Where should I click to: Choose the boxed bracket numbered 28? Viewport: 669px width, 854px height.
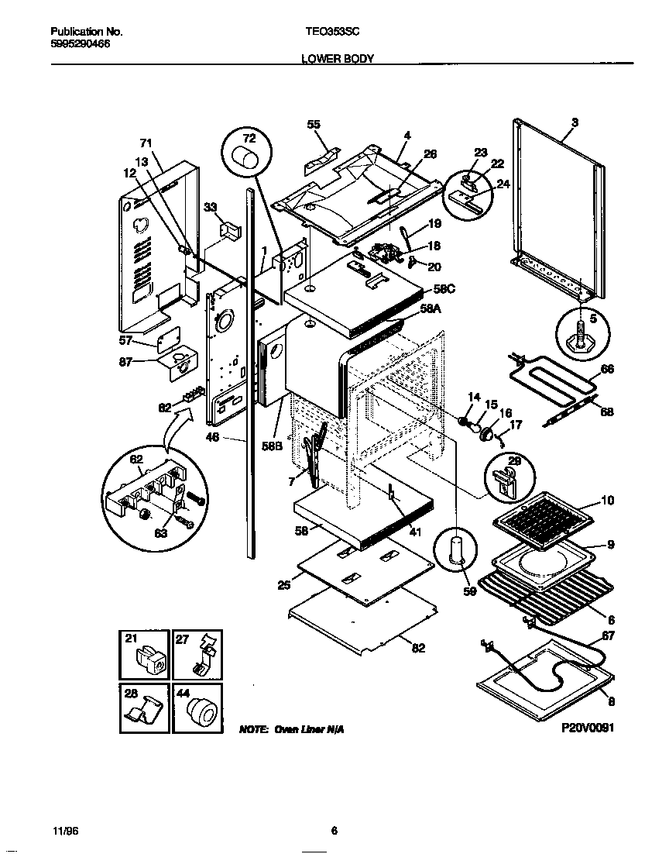point(145,708)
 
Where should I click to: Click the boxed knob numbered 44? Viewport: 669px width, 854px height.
point(198,708)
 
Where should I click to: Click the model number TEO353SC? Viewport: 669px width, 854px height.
point(332,32)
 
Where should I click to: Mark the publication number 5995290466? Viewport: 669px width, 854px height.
point(80,45)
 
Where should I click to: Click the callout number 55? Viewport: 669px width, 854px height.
point(313,125)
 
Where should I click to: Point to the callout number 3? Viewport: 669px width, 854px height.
point(575,122)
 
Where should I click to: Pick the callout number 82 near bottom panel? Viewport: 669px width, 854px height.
point(418,649)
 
